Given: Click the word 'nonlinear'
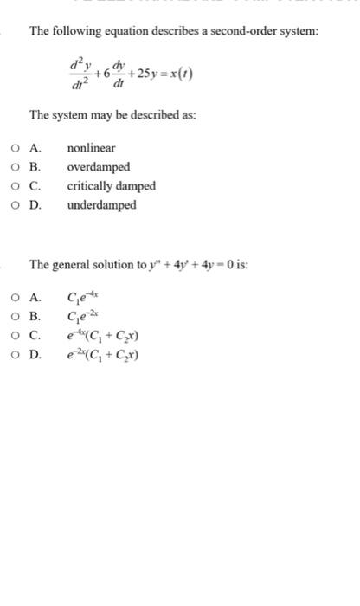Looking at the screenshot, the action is click(91, 148).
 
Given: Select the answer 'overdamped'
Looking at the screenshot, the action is click(99, 167).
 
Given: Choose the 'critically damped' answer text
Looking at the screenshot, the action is click(112, 186).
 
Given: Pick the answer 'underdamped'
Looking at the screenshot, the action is click(101, 205).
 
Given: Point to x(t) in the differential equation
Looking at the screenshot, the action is click(181, 72).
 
